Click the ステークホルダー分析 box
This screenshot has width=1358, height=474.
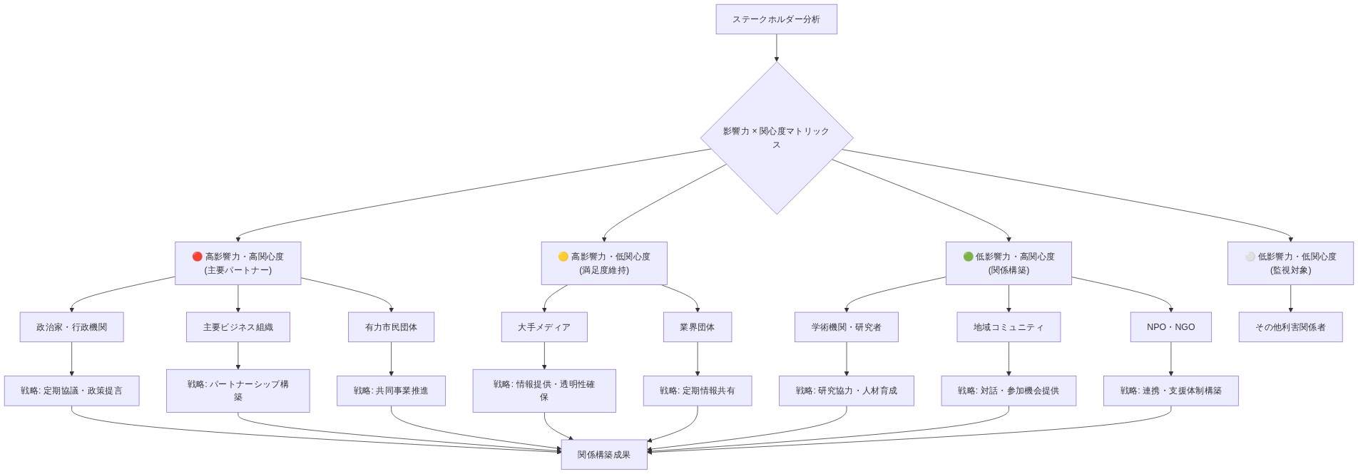[x=776, y=19]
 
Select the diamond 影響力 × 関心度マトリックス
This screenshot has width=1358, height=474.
[x=776, y=138]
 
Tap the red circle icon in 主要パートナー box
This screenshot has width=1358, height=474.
[x=198, y=257]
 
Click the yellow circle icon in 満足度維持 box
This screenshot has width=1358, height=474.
[x=563, y=257]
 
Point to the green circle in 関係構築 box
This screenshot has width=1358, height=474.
[x=968, y=257]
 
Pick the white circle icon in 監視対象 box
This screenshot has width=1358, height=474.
[x=1250, y=257]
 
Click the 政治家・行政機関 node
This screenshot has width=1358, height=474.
[x=71, y=327]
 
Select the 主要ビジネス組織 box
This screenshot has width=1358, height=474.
[x=238, y=327]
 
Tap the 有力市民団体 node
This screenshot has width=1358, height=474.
[x=391, y=327]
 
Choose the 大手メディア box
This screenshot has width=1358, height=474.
[x=544, y=327]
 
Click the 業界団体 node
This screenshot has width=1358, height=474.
[x=697, y=327]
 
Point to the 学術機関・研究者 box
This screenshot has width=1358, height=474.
[x=846, y=327]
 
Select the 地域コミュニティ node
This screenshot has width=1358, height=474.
[x=1008, y=327]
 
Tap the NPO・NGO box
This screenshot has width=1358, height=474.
[x=1170, y=327]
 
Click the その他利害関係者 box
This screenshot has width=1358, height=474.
[x=1290, y=327]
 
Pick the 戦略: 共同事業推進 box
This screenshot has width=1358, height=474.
[x=391, y=391]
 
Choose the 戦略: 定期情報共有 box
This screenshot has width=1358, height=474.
[x=697, y=391]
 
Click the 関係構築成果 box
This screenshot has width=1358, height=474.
[x=603, y=455]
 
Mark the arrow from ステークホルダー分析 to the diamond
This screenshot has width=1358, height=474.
[x=776, y=48]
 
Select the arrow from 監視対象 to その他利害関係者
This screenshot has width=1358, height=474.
[x=1290, y=299]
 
